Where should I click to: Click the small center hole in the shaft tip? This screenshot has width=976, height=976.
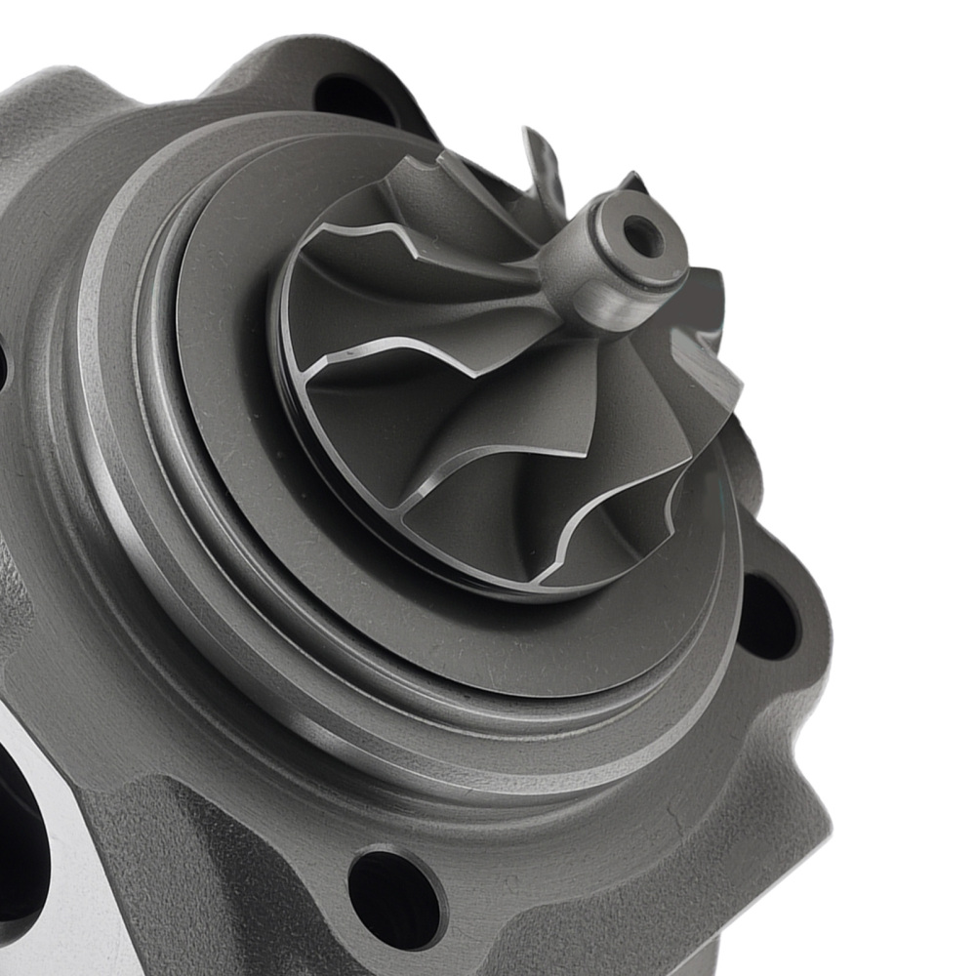(x=643, y=235)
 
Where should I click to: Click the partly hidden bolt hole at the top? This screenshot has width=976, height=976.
(x=354, y=98)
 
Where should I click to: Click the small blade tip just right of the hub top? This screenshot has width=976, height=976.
(x=632, y=182)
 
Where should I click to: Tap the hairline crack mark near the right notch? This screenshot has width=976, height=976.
(x=673, y=810)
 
